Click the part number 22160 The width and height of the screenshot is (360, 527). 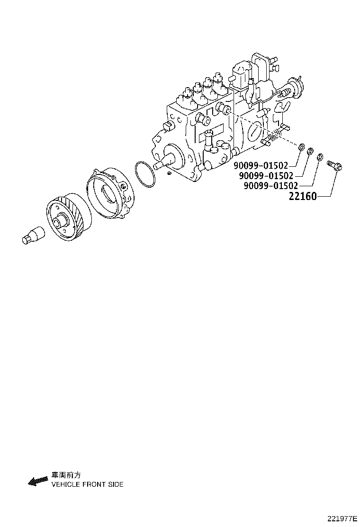tap(303, 196)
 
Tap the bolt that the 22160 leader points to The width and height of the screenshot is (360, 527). tap(336, 166)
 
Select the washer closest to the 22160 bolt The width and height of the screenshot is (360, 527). tap(320, 156)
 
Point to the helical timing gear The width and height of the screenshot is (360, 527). tap(67, 218)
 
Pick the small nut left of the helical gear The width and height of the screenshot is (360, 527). tap(33, 235)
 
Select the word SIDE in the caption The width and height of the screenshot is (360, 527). tap(116, 484)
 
